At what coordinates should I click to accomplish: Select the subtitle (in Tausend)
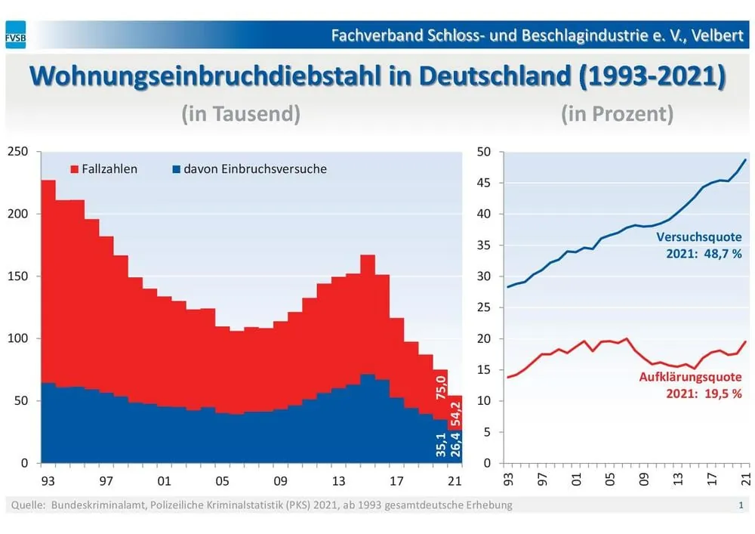[241, 114]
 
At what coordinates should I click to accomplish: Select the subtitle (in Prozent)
[617, 114]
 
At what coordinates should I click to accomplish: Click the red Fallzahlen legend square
[75, 169]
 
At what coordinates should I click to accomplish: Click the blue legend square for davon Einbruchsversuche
[177, 169]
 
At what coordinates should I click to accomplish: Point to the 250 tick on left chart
[18, 152]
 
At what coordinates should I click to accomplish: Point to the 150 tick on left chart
[18, 276]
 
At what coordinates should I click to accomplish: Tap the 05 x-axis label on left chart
[221, 480]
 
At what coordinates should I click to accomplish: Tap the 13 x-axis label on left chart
[339, 480]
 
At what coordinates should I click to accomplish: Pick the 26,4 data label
[457, 447]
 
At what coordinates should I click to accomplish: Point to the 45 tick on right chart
[485, 184]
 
